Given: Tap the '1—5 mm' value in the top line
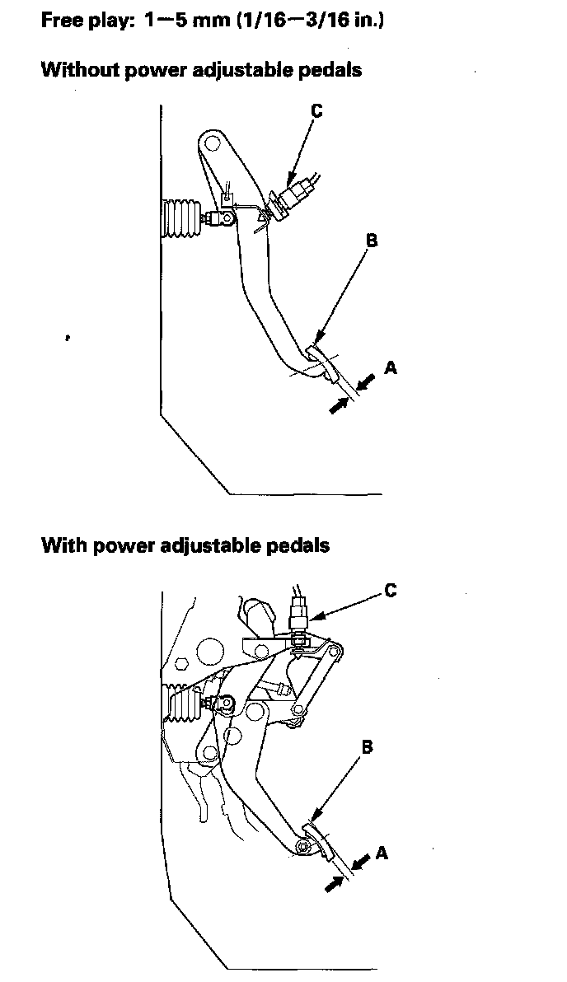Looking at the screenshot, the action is coord(171,19).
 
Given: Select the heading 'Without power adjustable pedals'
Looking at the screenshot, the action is coord(201,70).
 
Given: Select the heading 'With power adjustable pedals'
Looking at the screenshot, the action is coord(185,545).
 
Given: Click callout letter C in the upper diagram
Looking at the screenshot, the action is coord(316,111).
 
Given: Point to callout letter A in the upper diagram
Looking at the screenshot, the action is coord(391,367).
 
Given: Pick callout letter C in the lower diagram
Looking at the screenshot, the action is coord(391,590).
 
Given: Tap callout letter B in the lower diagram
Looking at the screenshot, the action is coord(368,747).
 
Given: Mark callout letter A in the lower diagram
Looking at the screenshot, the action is coord(382,853).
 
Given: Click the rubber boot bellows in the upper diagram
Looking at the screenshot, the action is coord(182,219).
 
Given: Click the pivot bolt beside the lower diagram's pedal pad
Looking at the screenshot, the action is coord(304,846).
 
